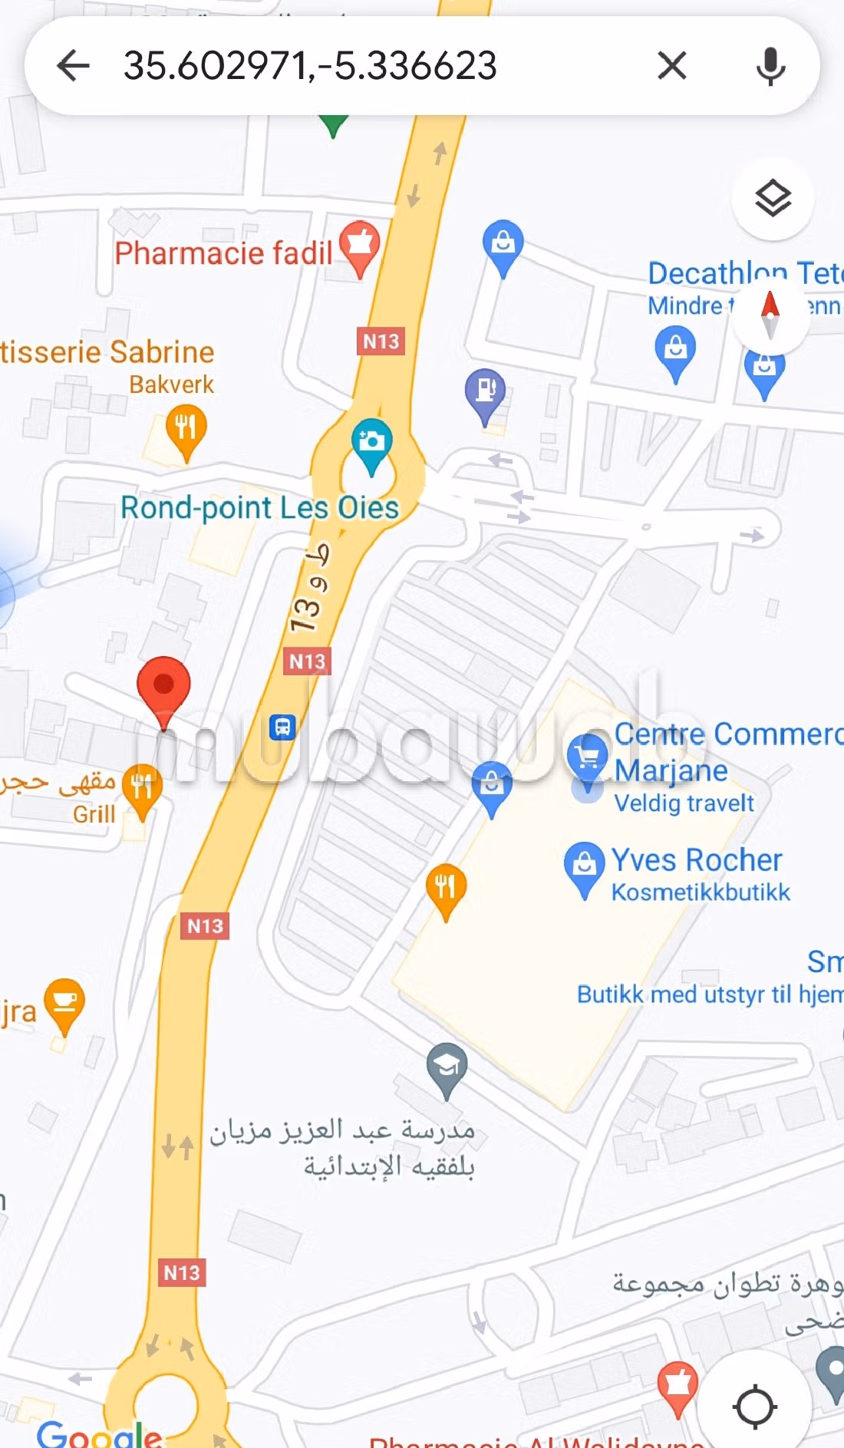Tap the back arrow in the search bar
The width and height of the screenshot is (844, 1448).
(x=74, y=65)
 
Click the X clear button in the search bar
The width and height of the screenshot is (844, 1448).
(x=672, y=65)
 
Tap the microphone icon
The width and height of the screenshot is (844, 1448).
(x=770, y=66)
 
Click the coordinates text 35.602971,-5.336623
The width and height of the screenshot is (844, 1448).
(x=310, y=65)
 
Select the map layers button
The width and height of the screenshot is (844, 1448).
(x=773, y=200)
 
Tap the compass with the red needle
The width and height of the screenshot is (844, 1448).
(x=770, y=314)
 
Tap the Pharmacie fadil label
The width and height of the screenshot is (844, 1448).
(x=223, y=252)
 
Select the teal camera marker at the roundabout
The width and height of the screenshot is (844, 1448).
(x=372, y=443)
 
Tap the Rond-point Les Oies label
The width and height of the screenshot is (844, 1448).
(x=259, y=507)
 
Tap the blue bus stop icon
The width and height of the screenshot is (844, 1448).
(x=282, y=726)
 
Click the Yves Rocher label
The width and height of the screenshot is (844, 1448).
(x=696, y=860)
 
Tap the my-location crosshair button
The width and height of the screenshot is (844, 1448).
(x=755, y=1407)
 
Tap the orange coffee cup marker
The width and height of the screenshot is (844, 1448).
(x=64, y=1001)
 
